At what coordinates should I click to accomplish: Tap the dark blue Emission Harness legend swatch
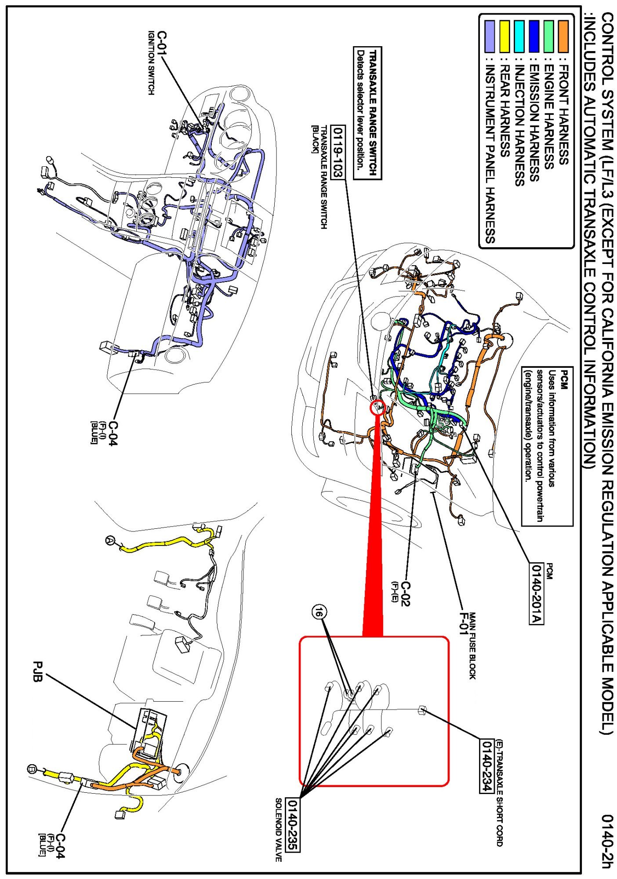[534, 36]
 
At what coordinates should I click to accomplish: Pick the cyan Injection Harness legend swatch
[519, 36]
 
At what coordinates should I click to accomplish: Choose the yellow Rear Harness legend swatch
[504, 36]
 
